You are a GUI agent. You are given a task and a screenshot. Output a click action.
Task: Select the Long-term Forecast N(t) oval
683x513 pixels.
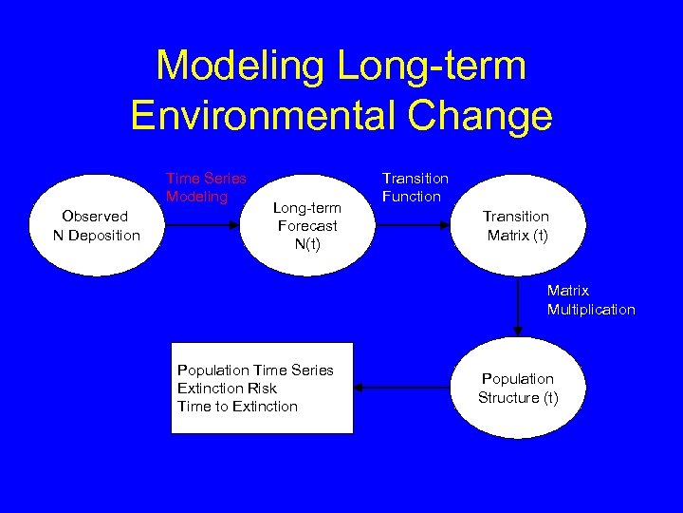click(x=306, y=225)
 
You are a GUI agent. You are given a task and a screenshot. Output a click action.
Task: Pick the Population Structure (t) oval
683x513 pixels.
click(x=517, y=388)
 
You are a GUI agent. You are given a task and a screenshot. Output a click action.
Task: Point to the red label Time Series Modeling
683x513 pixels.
click(x=205, y=187)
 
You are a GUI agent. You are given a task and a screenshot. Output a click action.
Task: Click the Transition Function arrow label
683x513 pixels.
click(x=415, y=187)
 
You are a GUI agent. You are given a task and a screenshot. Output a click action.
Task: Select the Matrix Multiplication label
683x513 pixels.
click(x=590, y=300)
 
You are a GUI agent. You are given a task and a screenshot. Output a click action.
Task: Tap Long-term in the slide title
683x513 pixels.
click(x=429, y=66)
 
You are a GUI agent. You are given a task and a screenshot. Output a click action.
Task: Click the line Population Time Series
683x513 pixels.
click(x=255, y=370)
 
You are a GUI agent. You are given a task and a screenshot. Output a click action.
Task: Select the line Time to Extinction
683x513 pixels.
click(x=237, y=406)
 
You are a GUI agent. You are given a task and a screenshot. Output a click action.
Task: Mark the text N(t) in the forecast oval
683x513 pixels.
click(x=306, y=243)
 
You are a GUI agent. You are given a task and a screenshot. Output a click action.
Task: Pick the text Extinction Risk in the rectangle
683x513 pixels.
click(x=227, y=388)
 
